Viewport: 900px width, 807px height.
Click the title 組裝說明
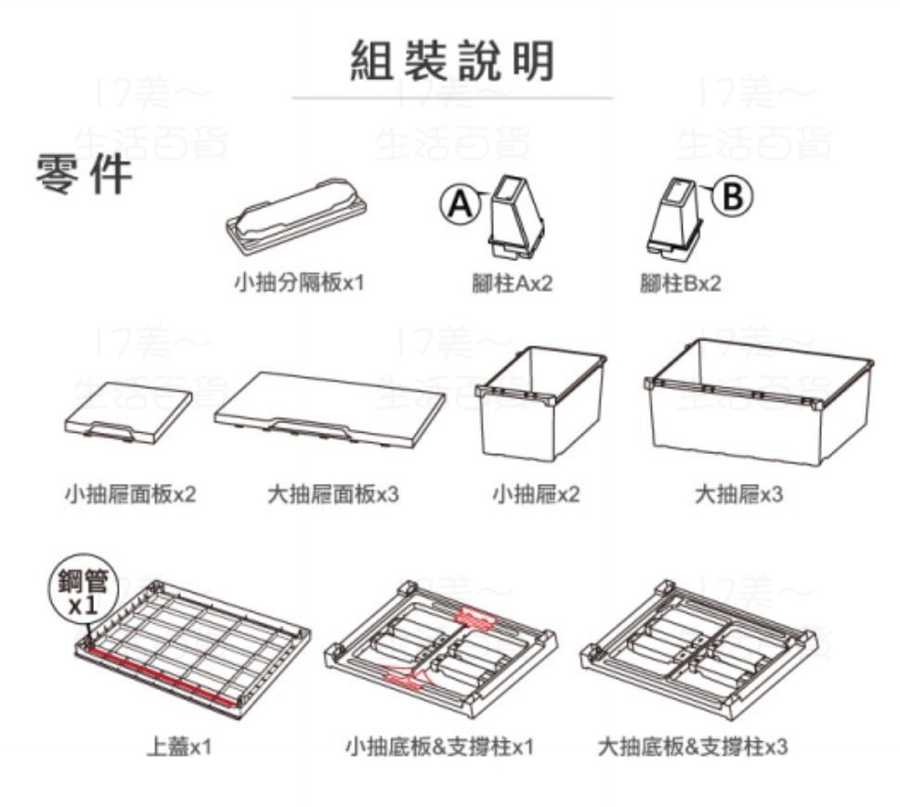click(451, 61)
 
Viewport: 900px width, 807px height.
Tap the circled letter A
click(459, 203)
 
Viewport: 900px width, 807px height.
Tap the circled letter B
click(733, 196)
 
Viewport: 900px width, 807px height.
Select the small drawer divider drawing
click(295, 215)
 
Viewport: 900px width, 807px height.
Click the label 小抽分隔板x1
click(299, 282)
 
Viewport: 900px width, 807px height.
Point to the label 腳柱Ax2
click(512, 283)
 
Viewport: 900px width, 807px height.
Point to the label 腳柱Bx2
click(680, 283)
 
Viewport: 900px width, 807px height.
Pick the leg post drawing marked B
click(674, 216)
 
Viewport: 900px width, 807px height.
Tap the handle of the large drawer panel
click(310, 428)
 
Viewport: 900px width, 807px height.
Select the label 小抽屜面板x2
click(130, 494)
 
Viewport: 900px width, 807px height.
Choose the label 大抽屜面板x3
click(333, 494)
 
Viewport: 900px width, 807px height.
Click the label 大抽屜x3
click(738, 494)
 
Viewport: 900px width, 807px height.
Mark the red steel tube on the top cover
click(159, 676)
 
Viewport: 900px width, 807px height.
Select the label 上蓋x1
click(179, 747)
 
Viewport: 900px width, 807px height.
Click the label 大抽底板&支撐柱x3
click(692, 747)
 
